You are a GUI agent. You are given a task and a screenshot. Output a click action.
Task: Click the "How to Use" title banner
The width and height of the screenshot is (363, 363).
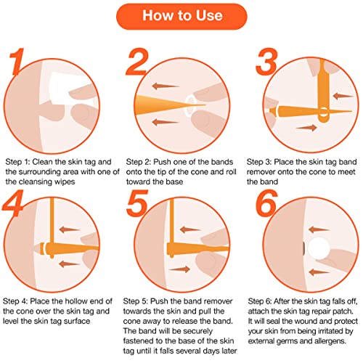click(181, 16)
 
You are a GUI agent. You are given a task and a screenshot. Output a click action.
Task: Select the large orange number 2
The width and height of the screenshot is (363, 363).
click(137, 62)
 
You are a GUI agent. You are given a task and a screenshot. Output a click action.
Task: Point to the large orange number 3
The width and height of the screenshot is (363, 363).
click(266, 62)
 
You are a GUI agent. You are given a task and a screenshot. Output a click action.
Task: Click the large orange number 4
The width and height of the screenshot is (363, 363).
click(13, 203)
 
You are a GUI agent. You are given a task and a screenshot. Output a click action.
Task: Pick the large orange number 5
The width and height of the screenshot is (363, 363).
click(137, 203)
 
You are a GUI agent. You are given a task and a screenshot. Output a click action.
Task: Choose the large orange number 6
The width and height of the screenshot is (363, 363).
click(266, 203)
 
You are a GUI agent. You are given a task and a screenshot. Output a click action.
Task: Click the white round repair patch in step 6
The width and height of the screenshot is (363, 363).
click(318, 248)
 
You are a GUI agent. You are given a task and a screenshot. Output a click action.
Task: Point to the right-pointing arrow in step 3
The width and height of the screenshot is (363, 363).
click(306, 128)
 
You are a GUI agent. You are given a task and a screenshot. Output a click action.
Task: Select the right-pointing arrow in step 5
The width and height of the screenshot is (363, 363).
click(179, 269)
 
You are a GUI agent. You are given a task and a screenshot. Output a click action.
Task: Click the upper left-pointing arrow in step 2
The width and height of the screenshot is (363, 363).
click(166, 86)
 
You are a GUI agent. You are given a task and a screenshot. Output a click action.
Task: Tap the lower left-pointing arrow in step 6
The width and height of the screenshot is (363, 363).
click(319, 272)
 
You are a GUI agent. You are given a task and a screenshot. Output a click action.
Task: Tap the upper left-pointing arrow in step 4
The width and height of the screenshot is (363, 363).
click(69, 229)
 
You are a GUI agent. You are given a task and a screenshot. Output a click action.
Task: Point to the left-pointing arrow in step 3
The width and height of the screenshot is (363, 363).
click(343, 96)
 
